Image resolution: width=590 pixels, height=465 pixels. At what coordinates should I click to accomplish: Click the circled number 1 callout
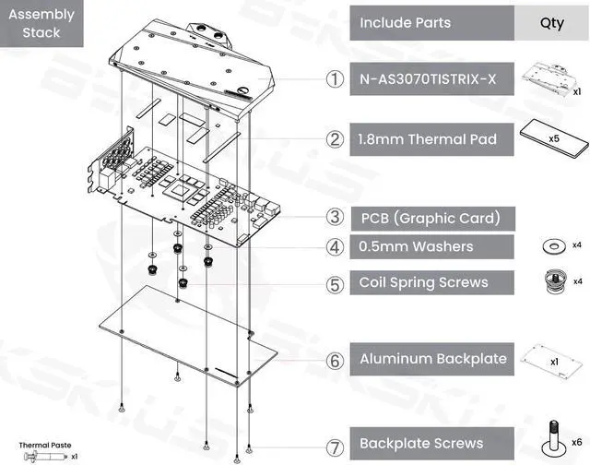coord(335,79)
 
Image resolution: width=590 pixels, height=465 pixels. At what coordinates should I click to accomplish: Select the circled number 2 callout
coord(335,140)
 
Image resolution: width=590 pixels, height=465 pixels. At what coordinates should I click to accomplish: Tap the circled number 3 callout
coord(335,219)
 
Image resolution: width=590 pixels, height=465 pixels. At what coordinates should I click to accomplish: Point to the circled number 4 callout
coord(335,247)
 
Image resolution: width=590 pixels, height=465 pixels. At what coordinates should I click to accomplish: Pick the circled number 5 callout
coord(335,282)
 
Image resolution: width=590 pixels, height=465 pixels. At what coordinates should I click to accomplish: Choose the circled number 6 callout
coord(335,359)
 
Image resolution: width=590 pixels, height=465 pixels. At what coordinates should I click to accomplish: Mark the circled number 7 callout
coord(335,443)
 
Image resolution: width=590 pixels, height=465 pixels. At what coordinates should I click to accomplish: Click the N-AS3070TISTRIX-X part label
coord(431,79)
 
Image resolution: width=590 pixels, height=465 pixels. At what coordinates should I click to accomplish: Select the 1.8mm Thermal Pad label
coord(431,140)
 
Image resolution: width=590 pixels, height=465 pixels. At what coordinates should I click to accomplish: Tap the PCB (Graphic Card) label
coord(431,219)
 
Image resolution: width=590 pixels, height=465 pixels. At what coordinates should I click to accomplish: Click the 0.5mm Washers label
coord(431,247)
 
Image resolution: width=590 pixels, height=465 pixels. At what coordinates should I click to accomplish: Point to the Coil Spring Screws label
coord(431,282)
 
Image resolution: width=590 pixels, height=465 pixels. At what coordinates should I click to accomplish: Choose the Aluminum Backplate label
coord(431,359)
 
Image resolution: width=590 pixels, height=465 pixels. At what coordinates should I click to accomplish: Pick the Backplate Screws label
coord(431,443)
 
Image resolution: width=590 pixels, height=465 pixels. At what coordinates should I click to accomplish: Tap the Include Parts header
coord(431,22)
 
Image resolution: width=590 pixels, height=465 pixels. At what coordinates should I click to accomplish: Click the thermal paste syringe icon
coord(38,457)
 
